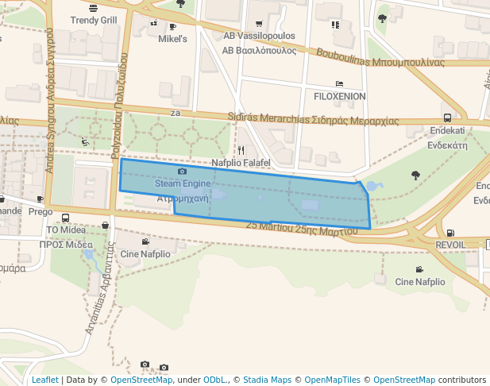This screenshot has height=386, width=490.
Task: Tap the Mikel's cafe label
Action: click(x=172, y=38)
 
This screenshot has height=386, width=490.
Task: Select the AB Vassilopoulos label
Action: click(x=259, y=37)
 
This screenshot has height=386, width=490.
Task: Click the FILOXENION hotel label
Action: click(x=340, y=96)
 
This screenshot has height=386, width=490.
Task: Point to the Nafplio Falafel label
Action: click(x=241, y=163)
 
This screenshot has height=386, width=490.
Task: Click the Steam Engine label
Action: click(x=182, y=183)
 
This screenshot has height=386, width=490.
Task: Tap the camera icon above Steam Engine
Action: click(x=182, y=172)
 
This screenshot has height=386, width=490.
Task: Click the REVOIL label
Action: click(x=451, y=245)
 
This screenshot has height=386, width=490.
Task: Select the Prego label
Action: click(x=41, y=212)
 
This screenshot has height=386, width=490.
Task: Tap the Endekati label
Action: click(x=447, y=130)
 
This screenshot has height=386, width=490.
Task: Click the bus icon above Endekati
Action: click(x=447, y=118)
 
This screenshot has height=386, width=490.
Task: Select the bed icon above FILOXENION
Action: click(x=339, y=83)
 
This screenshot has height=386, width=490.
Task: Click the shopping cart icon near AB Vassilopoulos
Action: click(x=260, y=24)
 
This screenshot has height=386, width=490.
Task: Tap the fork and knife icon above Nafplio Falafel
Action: click(x=241, y=150)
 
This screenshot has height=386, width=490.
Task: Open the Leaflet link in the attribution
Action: click(x=44, y=380)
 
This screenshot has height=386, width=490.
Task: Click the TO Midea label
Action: click(x=65, y=230)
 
